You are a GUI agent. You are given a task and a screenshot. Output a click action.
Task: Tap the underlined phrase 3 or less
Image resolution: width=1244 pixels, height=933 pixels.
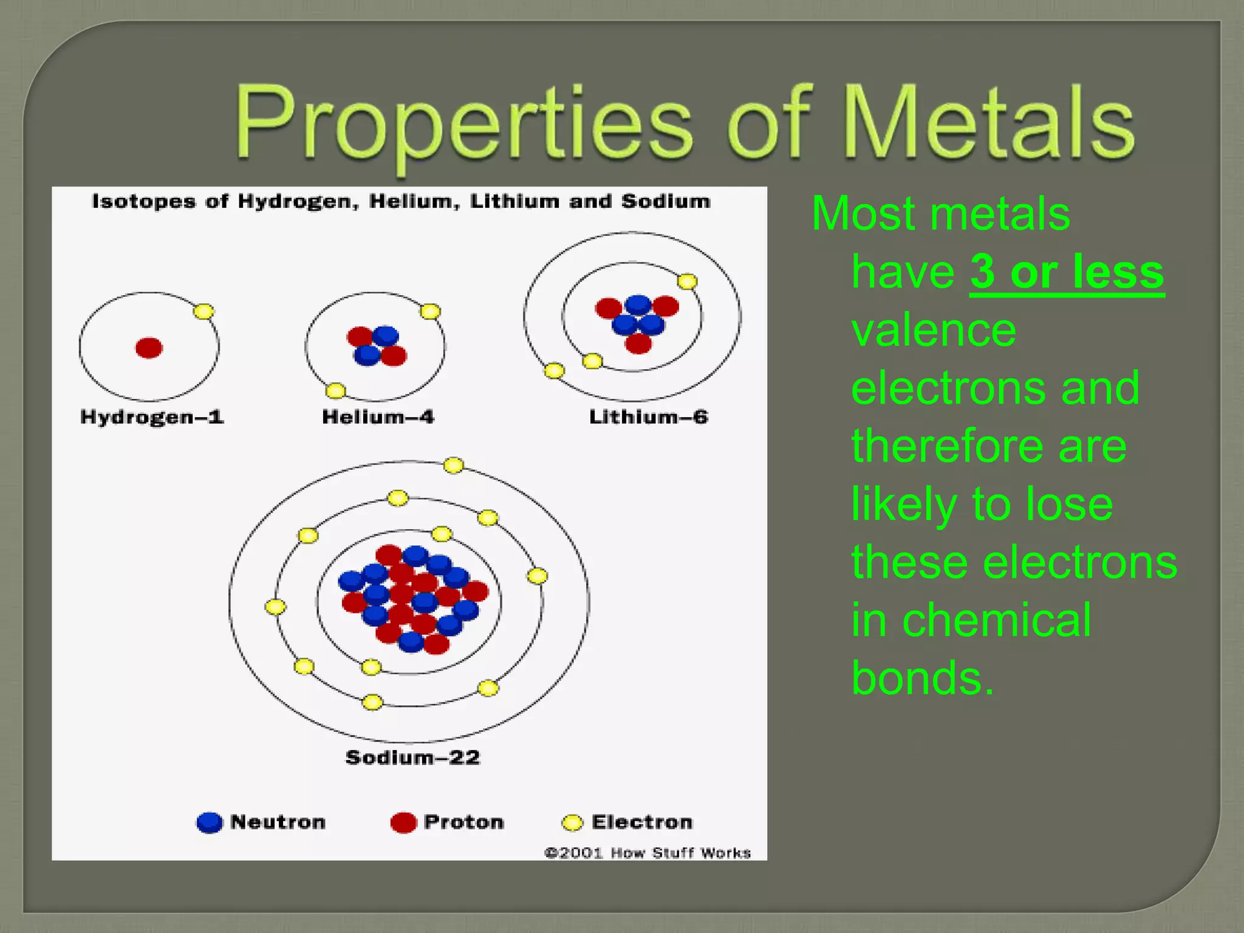click(1067, 272)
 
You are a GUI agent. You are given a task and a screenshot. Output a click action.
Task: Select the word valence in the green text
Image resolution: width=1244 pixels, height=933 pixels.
click(934, 330)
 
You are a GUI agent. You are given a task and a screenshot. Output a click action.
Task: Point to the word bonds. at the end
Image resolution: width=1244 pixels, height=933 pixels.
click(923, 678)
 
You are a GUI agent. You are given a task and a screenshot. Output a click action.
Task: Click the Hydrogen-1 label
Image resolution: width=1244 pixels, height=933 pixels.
click(152, 417)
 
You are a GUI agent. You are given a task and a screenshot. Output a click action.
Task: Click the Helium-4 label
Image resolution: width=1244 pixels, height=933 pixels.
click(378, 417)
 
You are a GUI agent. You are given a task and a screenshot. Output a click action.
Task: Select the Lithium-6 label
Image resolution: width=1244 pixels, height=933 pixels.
click(648, 417)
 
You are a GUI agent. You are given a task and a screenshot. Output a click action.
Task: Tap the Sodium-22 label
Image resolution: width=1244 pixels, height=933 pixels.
click(412, 757)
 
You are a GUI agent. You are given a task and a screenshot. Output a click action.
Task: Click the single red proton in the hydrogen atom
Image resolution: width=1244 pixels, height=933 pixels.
click(149, 348)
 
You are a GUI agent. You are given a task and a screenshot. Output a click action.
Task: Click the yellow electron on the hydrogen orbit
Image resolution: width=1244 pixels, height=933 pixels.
click(203, 312)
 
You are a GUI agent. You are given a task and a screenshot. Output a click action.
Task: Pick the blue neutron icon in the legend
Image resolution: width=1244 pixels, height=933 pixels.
click(210, 822)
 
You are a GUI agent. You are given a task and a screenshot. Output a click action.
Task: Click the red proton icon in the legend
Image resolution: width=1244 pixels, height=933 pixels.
click(403, 822)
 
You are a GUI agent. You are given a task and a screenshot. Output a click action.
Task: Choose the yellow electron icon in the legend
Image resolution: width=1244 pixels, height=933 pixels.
click(572, 822)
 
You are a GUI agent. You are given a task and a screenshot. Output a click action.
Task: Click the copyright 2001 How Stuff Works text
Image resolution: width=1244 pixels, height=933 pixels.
click(648, 853)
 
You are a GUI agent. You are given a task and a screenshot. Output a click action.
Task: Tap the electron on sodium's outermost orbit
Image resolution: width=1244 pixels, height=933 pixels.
click(453, 466)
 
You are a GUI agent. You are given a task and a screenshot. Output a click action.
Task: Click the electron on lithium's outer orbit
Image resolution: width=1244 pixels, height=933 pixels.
click(554, 371)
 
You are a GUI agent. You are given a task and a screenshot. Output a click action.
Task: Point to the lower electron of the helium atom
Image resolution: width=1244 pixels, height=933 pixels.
click(335, 391)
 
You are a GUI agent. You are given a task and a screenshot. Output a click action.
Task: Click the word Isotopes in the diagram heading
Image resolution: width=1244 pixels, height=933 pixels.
click(144, 202)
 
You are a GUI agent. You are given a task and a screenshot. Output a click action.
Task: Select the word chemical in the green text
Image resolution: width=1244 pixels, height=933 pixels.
click(996, 620)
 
